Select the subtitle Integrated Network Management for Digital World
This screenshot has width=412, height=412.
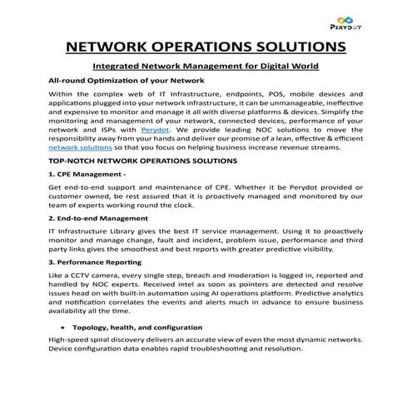[206, 66]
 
